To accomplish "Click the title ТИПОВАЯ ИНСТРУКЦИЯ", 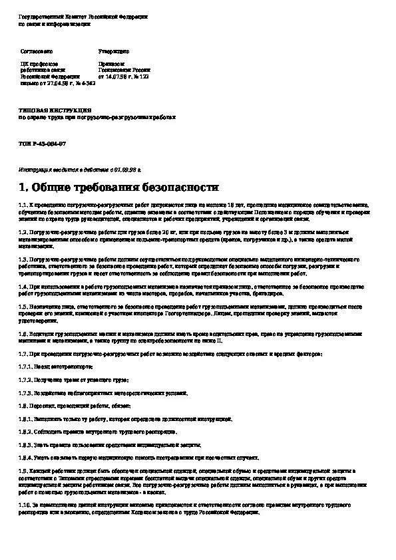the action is [55, 110].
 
